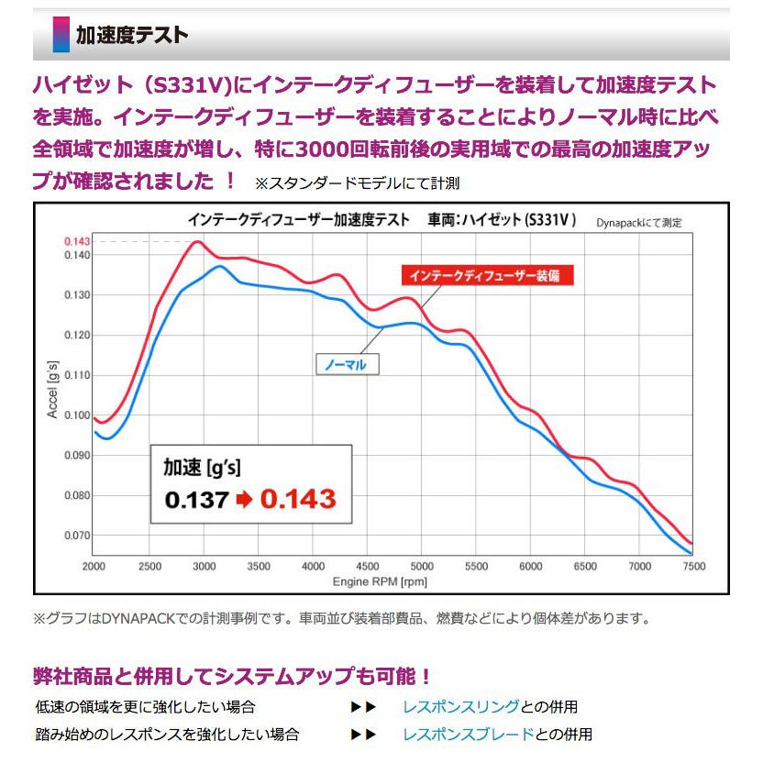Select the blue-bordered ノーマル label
click(347, 364)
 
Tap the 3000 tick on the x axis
click(204, 566)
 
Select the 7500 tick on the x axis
click(693, 566)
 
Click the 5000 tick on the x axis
click(421, 566)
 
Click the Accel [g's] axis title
click(52, 390)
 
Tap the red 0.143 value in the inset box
click(297, 499)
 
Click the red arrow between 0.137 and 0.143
click(244, 500)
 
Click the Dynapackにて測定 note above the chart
click(639, 223)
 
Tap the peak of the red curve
click(196, 242)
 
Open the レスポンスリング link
click(461, 707)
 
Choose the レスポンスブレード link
click(468, 734)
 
